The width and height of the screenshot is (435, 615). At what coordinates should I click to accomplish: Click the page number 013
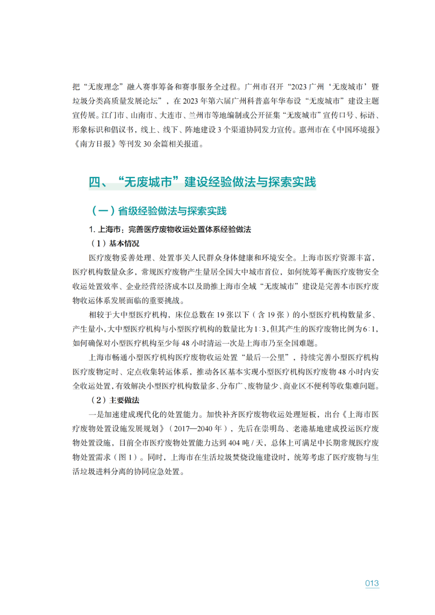pyautogui.click(x=372, y=583)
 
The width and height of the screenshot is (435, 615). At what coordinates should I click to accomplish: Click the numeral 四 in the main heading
pyautogui.click(x=95, y=182)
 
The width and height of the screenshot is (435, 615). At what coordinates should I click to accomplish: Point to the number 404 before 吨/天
pyautogui.click(x=234, y=443)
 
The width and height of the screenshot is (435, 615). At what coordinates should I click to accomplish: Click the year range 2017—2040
pyautogui.click(x=197, y=429)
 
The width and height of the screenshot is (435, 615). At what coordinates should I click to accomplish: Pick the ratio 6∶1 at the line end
pyautogui.click(x=370, y=329)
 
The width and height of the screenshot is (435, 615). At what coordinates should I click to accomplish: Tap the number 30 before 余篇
pyautogui.click(x=147, y=144)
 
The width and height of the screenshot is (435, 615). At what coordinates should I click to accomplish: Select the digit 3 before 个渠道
pyautogui.click(x=220, y=129)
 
